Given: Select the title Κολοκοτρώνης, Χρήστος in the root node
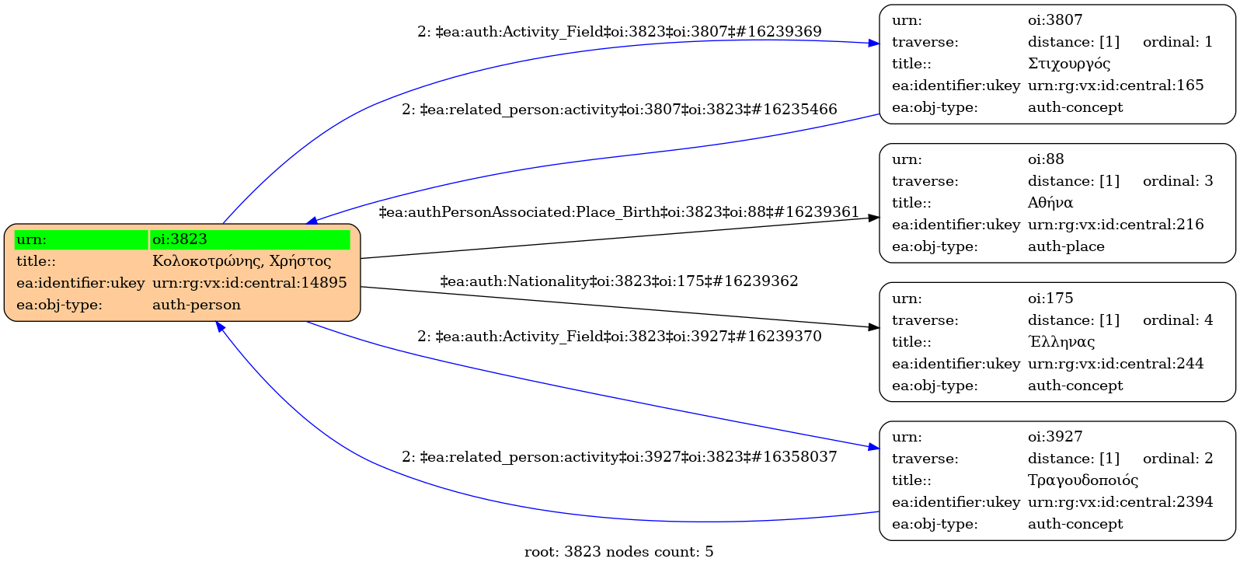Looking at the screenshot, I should (242, 261).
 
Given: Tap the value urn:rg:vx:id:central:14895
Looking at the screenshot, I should (249, 283).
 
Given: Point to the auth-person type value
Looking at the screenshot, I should (197, 305).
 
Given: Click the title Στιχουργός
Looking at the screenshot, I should (1069, 64).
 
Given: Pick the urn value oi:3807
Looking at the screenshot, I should (1055, 20).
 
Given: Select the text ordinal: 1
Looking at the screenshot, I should (1177, 42).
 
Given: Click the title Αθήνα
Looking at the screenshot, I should (1050, 203).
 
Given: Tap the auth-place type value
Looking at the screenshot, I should (1066, 246).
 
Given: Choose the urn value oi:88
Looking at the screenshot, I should (1046, 159).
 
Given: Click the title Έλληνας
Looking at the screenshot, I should (1061, 342).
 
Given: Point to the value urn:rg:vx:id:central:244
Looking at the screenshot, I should (1116, 364).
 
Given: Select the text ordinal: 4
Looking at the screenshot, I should (1177, 320).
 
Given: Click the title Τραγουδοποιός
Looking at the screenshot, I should (1083, 480).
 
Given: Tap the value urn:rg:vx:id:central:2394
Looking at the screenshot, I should (1120, 502).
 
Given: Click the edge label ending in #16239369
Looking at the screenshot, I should (619, 32).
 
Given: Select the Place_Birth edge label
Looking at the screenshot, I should (619, 212).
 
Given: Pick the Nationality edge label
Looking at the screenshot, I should (619, 281).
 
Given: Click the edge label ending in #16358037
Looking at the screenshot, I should (619, 457).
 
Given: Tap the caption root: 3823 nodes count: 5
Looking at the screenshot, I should (619, 552).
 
